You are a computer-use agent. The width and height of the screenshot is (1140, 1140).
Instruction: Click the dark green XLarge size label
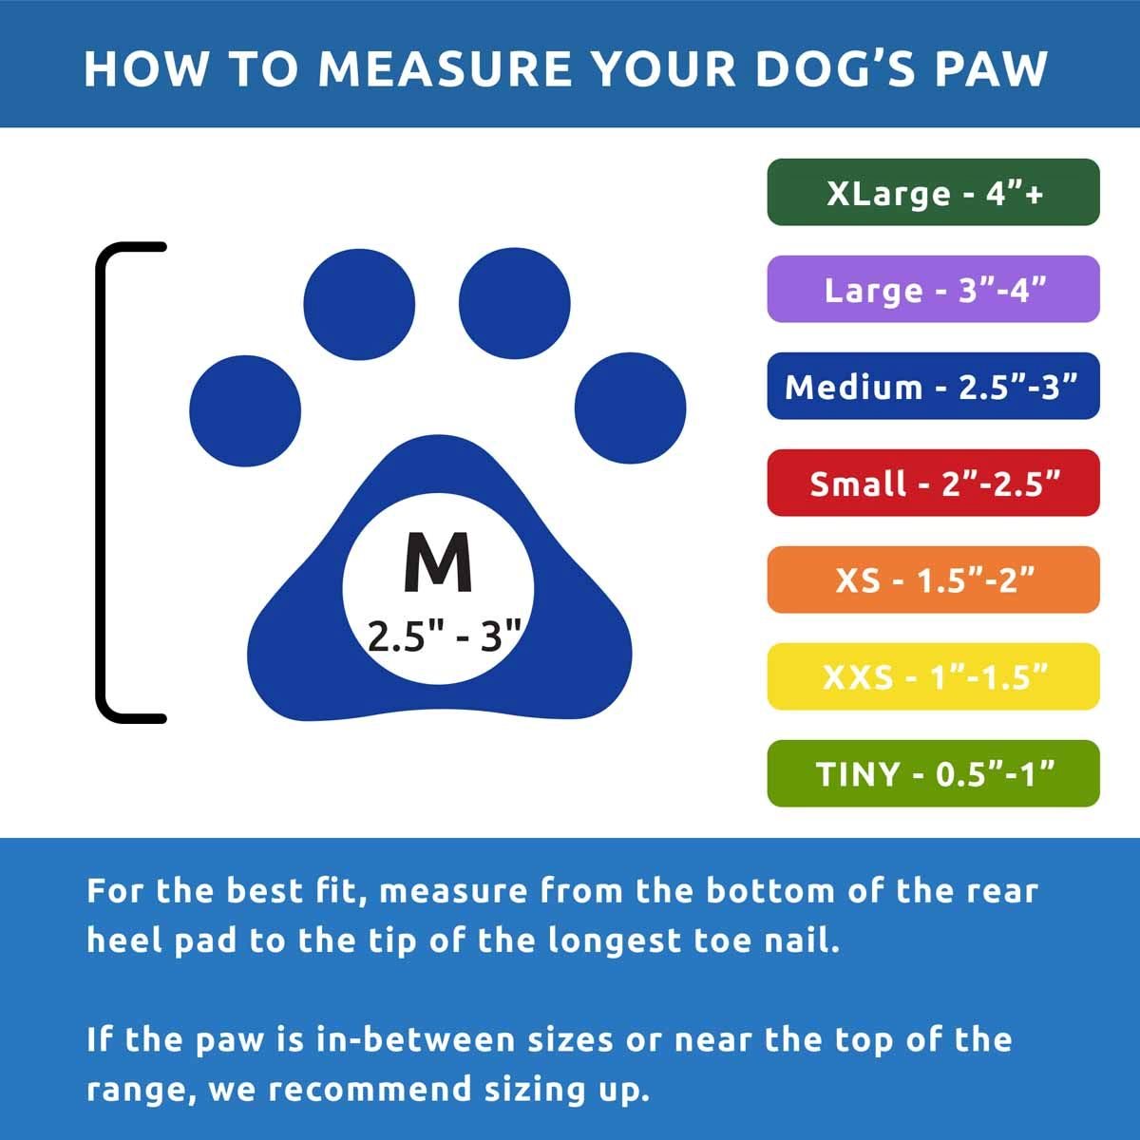tap(933, 192)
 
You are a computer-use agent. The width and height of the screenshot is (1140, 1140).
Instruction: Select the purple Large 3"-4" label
tap(933, 289)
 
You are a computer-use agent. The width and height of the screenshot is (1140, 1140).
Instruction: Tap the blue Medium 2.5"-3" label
tap(933, 386)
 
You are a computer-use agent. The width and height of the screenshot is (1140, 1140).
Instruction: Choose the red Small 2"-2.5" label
tap(933, 483)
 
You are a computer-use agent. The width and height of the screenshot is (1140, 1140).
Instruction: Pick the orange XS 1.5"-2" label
tap(933, 579)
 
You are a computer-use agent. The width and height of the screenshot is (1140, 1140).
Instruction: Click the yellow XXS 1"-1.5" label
tap(933, 676)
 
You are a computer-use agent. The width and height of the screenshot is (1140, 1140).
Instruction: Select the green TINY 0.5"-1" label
tap(933, 773)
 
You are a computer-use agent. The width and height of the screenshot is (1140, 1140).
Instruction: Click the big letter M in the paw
tap(438, 561)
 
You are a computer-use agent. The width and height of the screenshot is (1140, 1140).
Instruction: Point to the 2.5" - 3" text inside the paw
tap(444, 636)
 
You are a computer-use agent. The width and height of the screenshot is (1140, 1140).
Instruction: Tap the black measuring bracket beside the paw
tap(101, 483)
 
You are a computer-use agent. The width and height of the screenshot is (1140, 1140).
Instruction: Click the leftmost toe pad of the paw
tap(245, 411)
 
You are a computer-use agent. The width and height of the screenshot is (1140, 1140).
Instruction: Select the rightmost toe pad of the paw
tap(630, 408)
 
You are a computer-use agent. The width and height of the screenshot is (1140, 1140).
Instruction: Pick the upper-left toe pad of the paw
tap(359, 304)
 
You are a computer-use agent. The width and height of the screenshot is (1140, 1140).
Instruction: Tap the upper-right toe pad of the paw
tap(514, 303)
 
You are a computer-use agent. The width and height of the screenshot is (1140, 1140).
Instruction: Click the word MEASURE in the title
tap(445, 68)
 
